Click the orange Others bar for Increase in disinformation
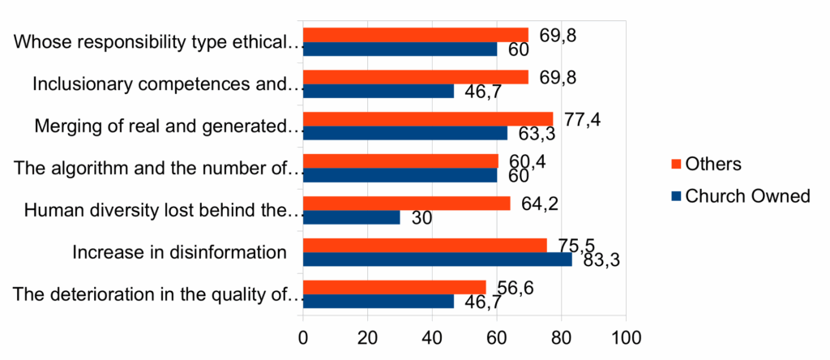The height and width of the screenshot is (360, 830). pos(425,246)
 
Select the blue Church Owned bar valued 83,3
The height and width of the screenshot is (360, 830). pos(437,259)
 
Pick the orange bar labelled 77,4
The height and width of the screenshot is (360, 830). pos(428,119)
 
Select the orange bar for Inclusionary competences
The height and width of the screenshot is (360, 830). pos(415,77)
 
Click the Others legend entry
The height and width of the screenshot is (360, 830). pos(704,165)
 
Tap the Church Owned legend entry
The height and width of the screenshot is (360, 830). pos(738,196)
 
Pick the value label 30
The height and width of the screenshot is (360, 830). pos(422,218)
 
